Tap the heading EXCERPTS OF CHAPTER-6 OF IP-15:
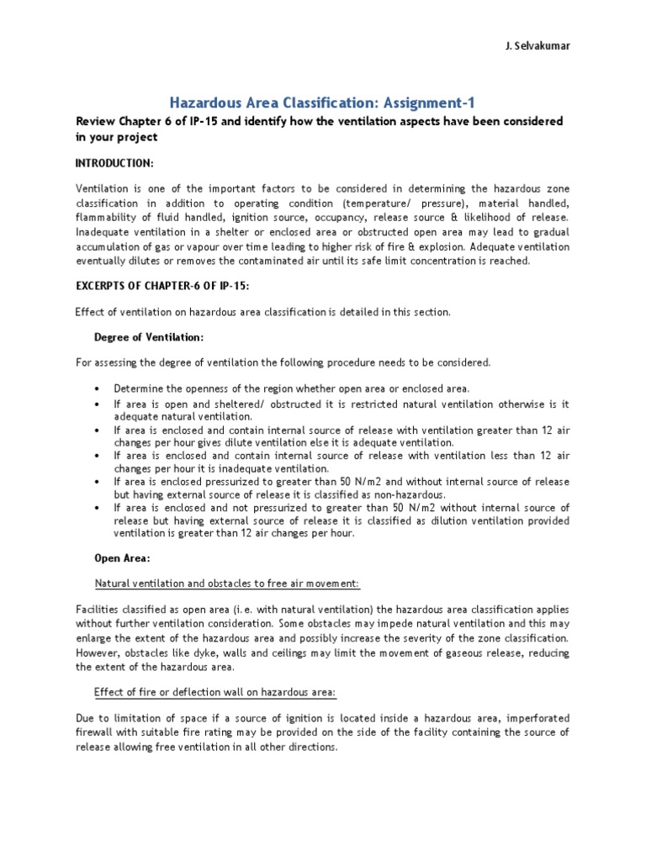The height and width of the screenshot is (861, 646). pyautogui.click(x=161, y=287)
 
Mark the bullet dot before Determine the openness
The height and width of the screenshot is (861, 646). pyautogui.click(x=98, y=388)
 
